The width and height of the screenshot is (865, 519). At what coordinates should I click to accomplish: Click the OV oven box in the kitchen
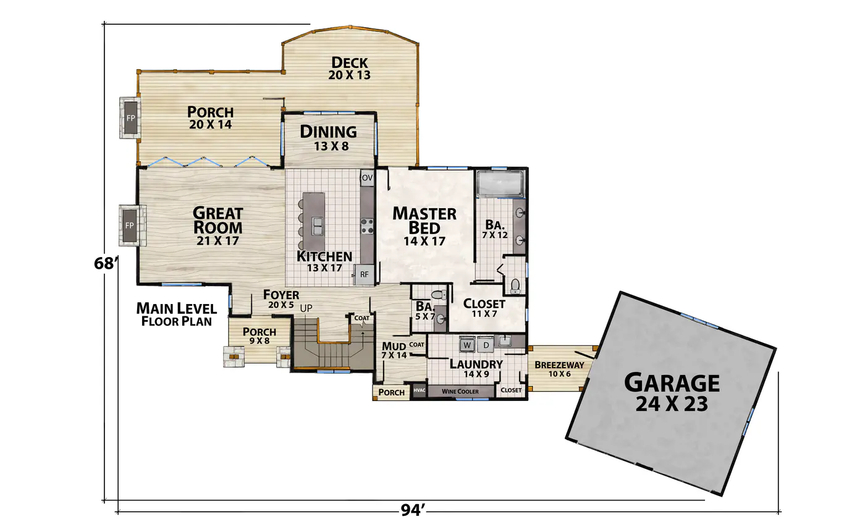[x=367, y=178]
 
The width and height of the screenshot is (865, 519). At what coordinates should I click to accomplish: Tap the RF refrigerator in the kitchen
[x=364, y=274]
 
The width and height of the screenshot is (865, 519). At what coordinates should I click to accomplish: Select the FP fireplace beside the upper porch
[x=130, y=118]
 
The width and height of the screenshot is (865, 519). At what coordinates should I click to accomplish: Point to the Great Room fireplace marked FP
[x=130, y=225]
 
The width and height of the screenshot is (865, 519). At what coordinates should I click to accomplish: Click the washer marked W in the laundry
[x=467, y=345]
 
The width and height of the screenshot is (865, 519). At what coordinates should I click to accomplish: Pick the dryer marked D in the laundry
[x=486, y=345]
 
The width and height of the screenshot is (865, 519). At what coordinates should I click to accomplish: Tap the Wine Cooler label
[x=460, y=391]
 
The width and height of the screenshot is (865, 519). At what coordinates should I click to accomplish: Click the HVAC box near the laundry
[x=419, y=390]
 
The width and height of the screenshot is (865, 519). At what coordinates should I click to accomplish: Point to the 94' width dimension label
[x=413, y=510]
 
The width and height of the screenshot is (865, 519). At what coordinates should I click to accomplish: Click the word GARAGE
[x=672, y=383]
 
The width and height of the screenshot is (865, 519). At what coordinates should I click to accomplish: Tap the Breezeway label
[x=559, y=365]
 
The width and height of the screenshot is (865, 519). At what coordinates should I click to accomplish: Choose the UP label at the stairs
[x=306, y=308]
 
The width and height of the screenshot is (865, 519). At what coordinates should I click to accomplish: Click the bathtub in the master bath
[x=500, y=184]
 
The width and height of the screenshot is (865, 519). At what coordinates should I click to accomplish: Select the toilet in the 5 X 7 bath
[x=439, y=295]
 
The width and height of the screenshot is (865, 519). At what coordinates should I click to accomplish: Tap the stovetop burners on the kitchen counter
[x=367, y=226]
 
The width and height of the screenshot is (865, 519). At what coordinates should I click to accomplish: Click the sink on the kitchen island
[x=318, y=226]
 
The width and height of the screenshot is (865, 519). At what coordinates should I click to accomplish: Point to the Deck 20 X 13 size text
[x=350, y=75]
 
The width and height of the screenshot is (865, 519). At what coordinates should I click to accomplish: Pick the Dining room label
[x=329, y=132]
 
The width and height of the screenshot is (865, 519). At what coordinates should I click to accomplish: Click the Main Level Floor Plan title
[x=177, y=314]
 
